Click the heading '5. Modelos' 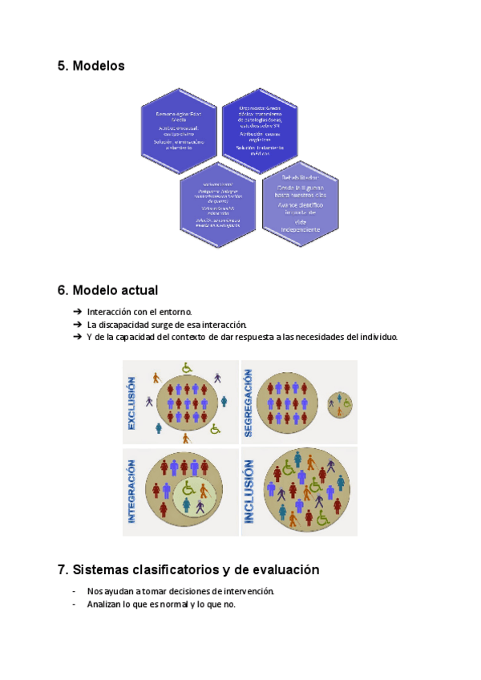(x=91, y=66)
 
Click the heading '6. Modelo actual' (x=107, y=289)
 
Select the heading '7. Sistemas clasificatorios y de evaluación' (x=188, y=570)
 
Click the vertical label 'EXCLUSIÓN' (x=131, y=403)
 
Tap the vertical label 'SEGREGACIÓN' (x=249, y=403)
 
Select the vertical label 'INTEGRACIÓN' (x=131, y=492)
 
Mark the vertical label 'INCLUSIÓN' (x=249, y=492)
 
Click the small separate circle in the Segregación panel (x=340, y=404)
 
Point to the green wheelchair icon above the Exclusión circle (x=187, y=368)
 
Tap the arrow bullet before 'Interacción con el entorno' (x=77, y=311)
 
